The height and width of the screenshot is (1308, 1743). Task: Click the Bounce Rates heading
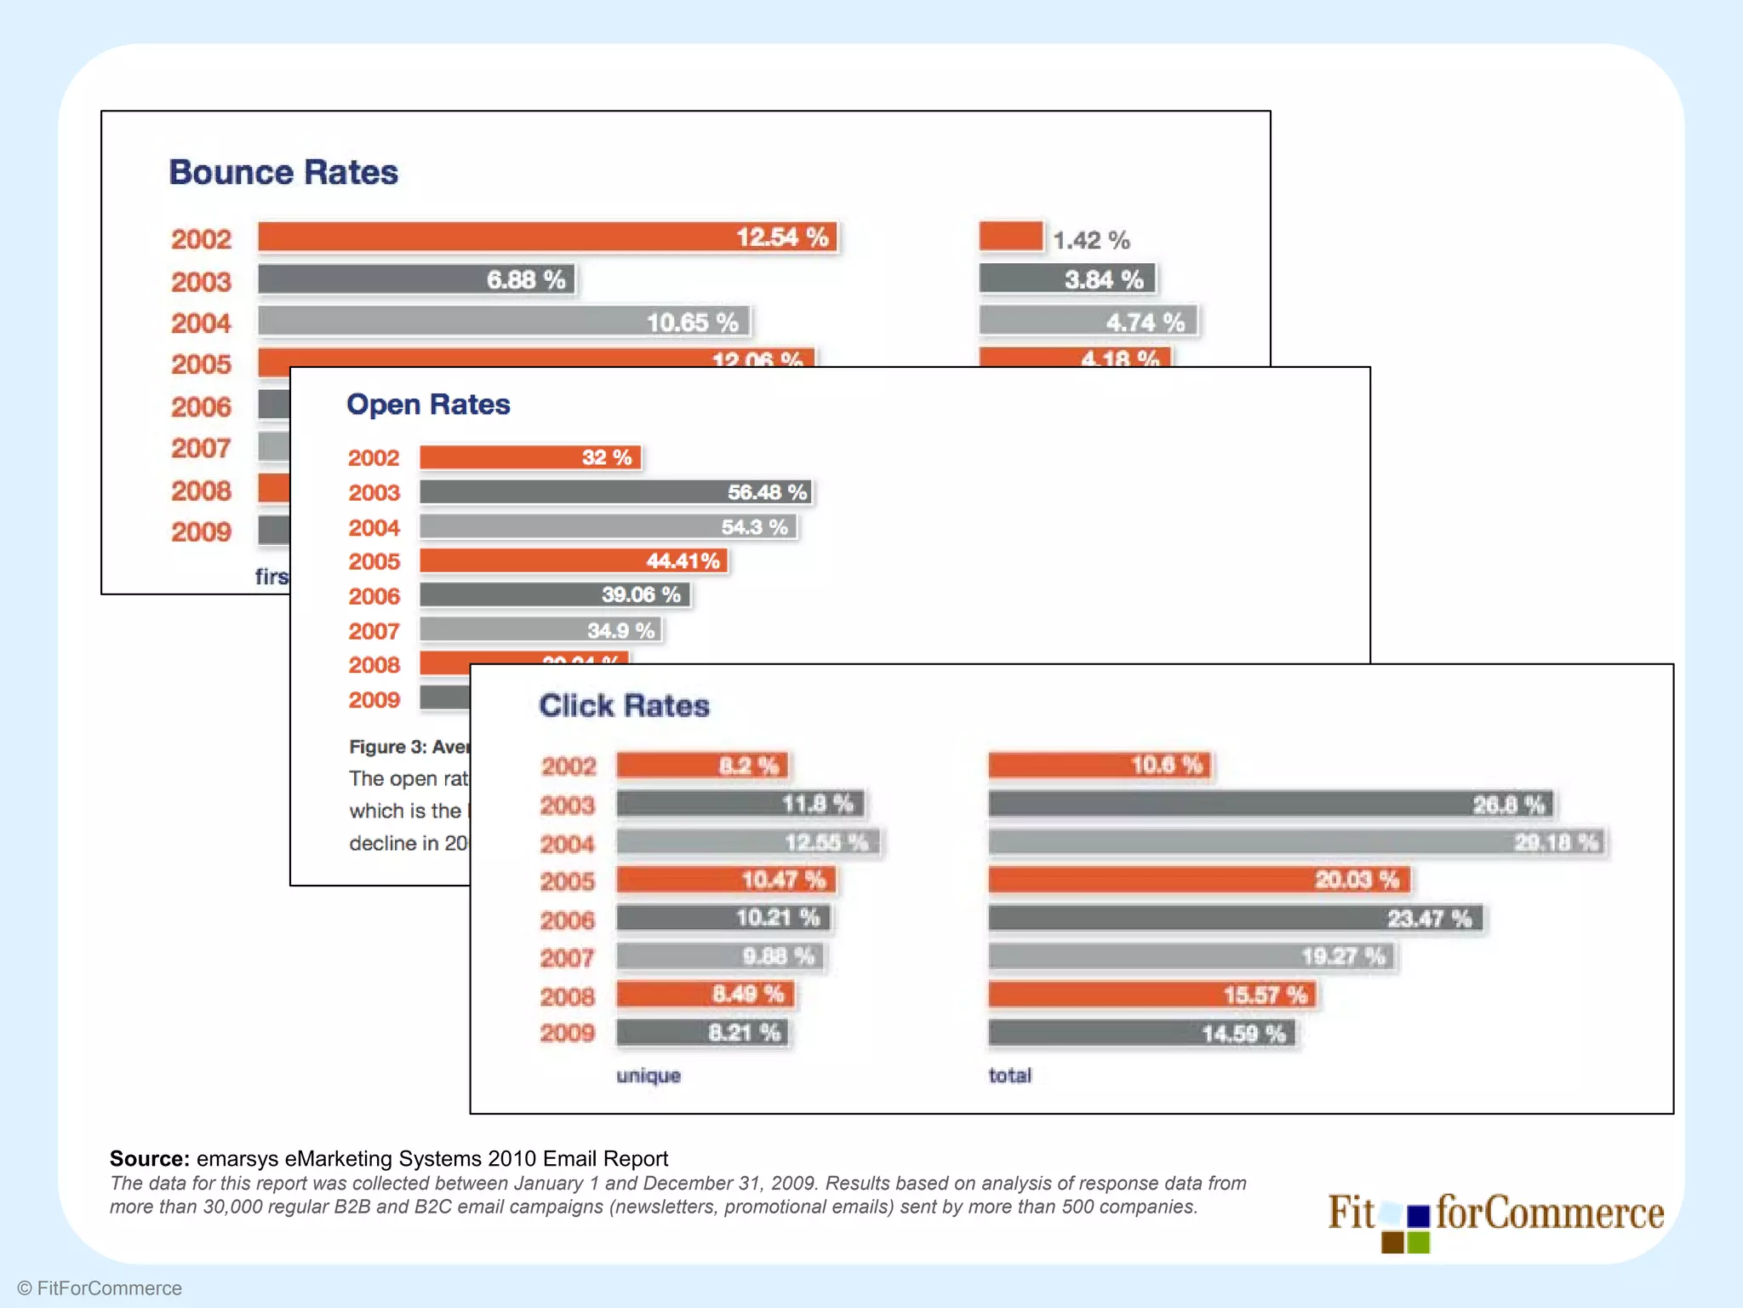283,172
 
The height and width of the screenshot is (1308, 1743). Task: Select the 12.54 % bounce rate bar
547,237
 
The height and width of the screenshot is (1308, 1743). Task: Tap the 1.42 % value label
1091,240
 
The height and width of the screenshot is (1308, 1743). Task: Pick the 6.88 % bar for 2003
416,279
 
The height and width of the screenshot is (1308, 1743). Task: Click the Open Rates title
428,404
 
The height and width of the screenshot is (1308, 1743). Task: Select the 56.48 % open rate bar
615,492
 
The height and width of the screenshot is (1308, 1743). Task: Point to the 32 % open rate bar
529,457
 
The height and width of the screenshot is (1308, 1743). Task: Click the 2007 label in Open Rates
374,631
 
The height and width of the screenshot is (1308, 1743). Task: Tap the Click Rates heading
624,706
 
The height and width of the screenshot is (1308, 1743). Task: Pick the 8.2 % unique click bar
702,766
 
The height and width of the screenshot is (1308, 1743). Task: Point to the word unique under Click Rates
649,1076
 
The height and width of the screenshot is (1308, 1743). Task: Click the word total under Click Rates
1009,1076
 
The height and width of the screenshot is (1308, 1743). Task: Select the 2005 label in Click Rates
568,881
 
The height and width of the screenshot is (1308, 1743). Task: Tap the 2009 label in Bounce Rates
201,532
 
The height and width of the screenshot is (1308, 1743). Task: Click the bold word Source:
149,1159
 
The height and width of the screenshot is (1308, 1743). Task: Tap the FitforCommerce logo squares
1405,1229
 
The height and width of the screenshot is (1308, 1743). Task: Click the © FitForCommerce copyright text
100,1288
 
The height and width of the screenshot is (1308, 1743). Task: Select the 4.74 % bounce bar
1088,321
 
